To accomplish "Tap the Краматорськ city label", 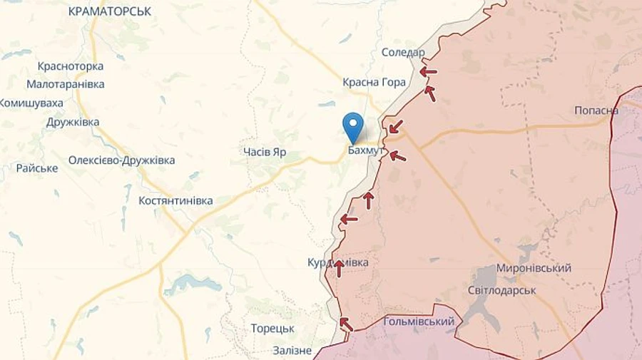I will pyautogui.click(x=110, y=11).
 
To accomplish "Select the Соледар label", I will pyautogui.click(x=403, y=53).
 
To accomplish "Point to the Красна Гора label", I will pyautogui.click(x=374, y=82).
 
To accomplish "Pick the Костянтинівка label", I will pyautogui.click(x=175, y=201).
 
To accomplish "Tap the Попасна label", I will pyautogui.click(x=596, y=110).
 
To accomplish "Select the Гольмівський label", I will pyautogui.click(x=419, y=322).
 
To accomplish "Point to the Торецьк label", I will pyautogui.click(x=272, y=329).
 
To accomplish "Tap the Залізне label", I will pyautogui.click(x=292, y=350).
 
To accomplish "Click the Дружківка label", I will pyautogui.click(x=73, y=122).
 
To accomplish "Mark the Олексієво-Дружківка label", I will pyautogui.click(x=121, y=160).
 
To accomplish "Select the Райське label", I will pyautogui.click(x=37, y=168).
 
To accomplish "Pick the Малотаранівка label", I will pyautogui.click(x=66, y=84).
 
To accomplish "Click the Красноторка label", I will pyautogui.click(x=71, y=66).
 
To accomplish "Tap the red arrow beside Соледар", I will pyautogui.click(x=428, y=71).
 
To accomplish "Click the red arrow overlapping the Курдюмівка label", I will pyautogui.click(x=339, y=268).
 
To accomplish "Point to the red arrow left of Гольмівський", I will pyautogui.click(x=345, y=324).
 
